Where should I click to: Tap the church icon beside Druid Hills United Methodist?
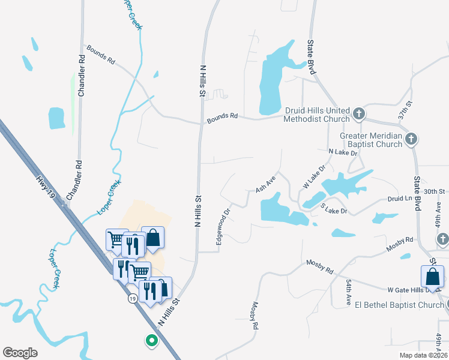click(358, 113)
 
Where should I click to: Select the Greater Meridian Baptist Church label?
click(371, 140)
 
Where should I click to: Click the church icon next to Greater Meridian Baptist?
click(411, 139)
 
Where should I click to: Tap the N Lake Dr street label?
click(343, 153)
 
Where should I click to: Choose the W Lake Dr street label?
click(313, 176)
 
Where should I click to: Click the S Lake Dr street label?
click(334, 208)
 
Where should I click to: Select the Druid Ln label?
click(401, 199)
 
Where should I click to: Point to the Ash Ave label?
click(265, 184)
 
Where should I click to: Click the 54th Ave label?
click(348, 292)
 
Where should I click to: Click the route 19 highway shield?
click(131, 298)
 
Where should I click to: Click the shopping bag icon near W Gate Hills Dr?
click(432, 277)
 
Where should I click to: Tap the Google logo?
click(20, 353)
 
